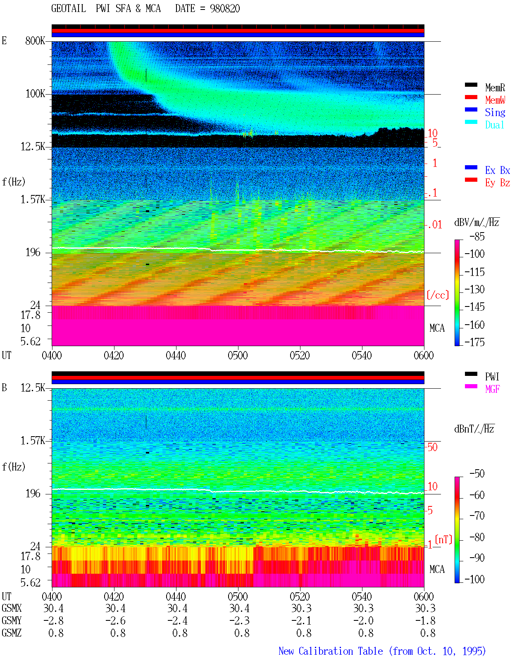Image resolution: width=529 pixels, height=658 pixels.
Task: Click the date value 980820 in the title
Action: coord(224,9)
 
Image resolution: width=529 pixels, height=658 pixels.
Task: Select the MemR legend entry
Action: coord(495,88)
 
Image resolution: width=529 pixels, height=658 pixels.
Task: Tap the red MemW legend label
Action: coord(495,100)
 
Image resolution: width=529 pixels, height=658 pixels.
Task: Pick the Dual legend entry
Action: coord(494,125)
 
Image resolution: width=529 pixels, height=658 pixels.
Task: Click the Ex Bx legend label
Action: coord(497,170)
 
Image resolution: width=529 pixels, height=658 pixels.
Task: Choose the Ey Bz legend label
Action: coord(497,183)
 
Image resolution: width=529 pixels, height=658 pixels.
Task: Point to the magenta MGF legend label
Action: coord(492,389)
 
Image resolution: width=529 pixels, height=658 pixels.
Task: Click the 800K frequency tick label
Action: coord(35,40)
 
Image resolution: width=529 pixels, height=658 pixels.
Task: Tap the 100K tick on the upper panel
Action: coord(35,94)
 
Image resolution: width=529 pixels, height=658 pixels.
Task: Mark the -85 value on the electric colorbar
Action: coord(477,236)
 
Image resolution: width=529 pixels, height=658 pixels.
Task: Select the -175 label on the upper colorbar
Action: coord(474,342)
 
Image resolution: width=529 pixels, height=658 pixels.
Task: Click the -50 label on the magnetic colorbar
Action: coord(477,473)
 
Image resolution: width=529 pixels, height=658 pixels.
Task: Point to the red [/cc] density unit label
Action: coord(438,295)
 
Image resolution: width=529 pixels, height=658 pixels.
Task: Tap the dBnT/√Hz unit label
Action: coord(474,429)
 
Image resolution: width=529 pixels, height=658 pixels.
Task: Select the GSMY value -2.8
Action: coord(53,620)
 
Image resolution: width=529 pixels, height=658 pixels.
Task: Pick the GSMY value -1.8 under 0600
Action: coord(425,620)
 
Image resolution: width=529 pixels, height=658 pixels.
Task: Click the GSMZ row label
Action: coord(12,633)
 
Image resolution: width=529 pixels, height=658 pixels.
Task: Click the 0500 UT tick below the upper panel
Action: coord(238,355)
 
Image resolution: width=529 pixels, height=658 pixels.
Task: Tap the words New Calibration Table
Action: coord(331,651)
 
